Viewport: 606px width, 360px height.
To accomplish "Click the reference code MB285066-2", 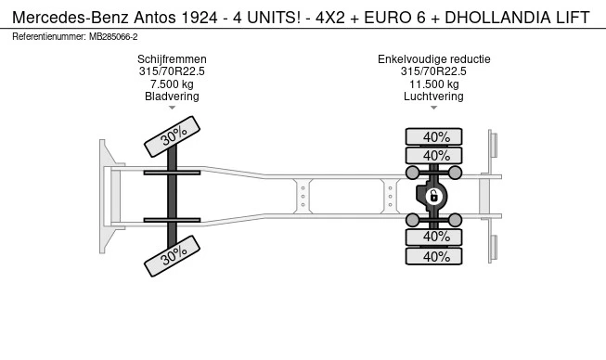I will click(113, 36).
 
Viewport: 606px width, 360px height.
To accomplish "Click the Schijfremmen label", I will click(172, 59).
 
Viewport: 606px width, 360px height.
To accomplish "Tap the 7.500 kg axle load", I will click(172, 84).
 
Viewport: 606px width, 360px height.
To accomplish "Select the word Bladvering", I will click(172, 96).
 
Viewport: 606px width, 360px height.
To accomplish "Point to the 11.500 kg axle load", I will click(433, 84).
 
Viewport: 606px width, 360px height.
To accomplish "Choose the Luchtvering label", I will click(433, 96).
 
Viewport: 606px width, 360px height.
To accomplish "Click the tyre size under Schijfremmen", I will click(172, 71).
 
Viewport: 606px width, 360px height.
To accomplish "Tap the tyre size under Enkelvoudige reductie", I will click(433, 71).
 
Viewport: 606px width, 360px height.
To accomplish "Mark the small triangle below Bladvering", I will click(172, 108).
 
